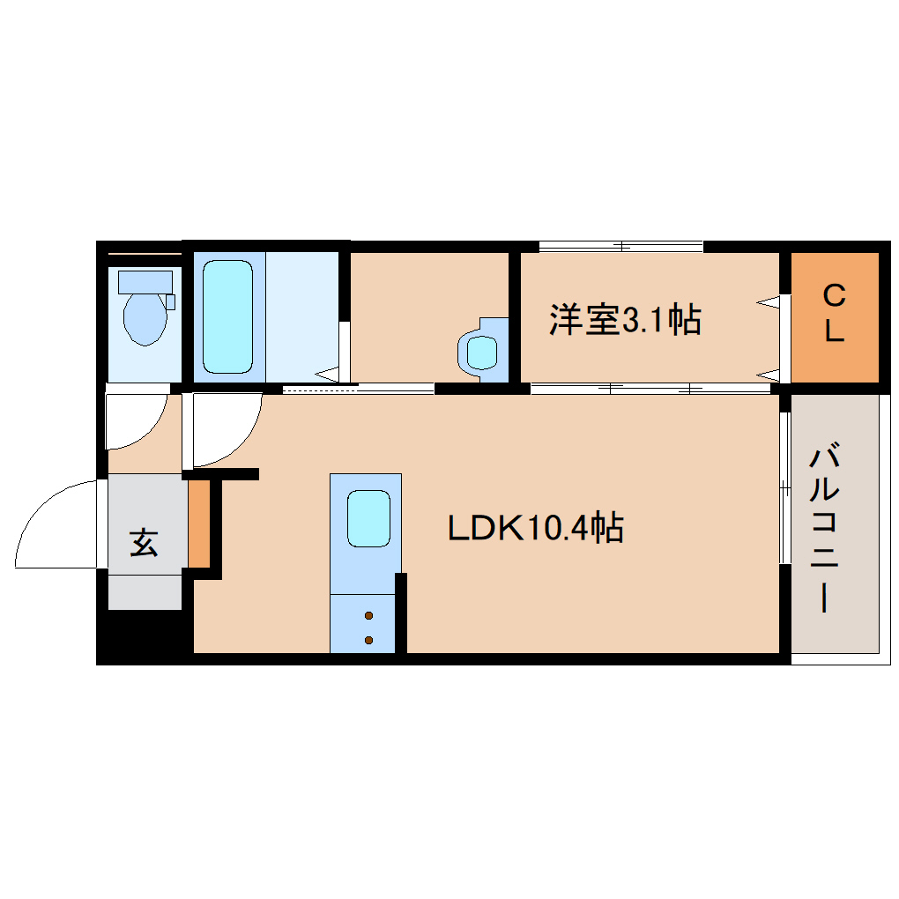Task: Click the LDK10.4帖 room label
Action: [x=536, y=528]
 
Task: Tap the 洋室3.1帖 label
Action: [x=625, y=319]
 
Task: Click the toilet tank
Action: [x=145, y=281]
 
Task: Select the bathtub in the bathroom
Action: [x=227, y=316]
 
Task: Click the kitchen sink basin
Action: [x=368, y=518]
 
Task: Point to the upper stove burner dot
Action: [x=368, y=615]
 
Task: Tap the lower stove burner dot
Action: [x=368, y=640]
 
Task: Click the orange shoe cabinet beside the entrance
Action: [x=198, y=524]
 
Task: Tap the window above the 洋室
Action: [x=620, y=246]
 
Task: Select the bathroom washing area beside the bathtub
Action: [x=302, y=316]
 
